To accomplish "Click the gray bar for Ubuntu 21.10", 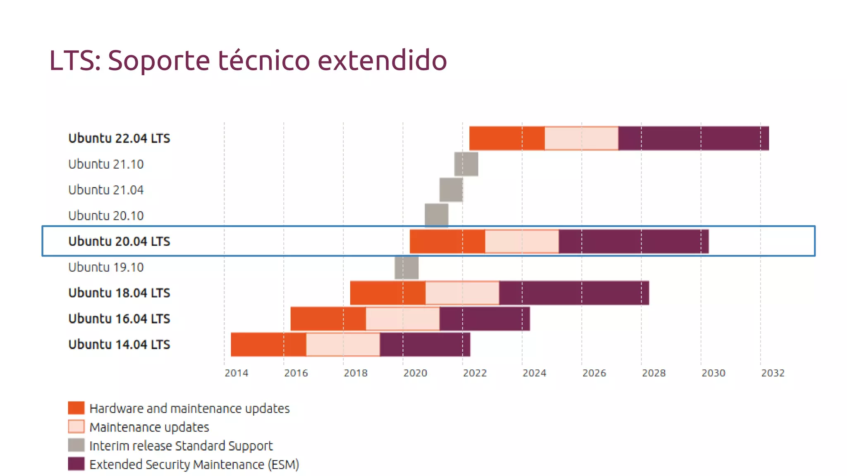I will tap(466, 164).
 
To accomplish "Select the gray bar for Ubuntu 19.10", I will tap(407, 267).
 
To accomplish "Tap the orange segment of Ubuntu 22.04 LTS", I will tap(507, 138).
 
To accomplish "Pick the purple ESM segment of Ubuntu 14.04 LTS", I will tap(425, 345).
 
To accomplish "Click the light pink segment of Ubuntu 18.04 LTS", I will tap(462, 293).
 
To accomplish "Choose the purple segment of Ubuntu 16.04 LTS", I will tap(485, 319).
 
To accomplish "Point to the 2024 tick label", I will tap(534, 373).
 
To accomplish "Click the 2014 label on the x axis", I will tap(236, 373).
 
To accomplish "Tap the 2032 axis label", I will tap(773, 373).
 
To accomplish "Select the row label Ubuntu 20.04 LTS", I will tap(119, 241).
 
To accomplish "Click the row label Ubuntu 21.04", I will tap(106, 190).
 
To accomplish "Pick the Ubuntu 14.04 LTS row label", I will tap(119, 345).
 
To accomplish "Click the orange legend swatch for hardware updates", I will tap(76, 408).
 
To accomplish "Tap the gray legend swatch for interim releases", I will tap(76, 445).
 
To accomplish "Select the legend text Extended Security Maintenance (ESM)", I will tap(194, 464).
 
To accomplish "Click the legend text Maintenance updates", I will tap(149, 427).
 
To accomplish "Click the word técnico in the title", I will tap(264, 60).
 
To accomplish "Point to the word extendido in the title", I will tap(382, 60).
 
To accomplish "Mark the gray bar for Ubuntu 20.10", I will tap(436, 215).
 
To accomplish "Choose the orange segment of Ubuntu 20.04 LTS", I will tap(447, 241).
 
